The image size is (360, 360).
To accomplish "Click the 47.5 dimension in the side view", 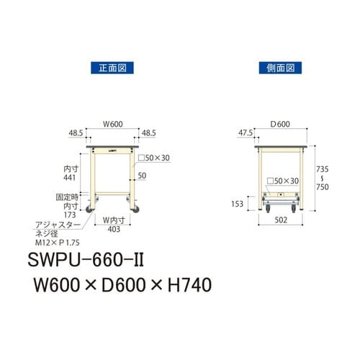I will click(x=246, y=132).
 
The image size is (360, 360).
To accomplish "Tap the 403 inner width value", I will click(x=112, y=231).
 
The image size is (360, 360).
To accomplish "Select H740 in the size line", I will click(x=184, y=286).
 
